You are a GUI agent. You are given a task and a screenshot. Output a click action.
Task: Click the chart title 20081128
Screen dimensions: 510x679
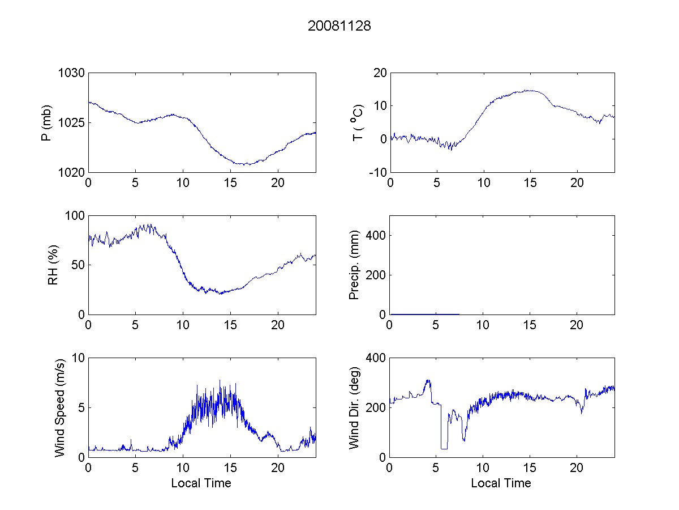click(339, 26)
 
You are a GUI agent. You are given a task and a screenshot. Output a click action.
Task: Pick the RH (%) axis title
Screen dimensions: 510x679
click(54, 265)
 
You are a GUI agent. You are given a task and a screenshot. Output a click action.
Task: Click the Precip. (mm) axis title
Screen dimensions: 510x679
click(355, 265)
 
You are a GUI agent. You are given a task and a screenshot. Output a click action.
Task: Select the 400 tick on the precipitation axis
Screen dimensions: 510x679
click(377, 235)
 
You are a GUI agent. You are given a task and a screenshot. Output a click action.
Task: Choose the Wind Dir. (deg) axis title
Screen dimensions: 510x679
click(355, 407)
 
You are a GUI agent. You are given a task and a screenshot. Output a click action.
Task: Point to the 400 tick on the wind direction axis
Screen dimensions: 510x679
click(377, 358)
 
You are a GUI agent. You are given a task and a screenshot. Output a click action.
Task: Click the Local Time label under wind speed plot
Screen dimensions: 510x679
click(201, 483)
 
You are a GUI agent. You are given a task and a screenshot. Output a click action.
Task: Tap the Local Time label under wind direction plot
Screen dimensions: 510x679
click(501, 483)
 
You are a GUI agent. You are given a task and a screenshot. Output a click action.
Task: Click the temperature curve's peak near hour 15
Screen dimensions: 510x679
click(530, 90)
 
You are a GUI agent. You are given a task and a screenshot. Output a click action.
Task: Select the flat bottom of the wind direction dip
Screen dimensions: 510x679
click(444, 449)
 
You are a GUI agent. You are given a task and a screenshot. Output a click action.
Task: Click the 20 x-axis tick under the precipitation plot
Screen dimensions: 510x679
click(577, 324)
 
